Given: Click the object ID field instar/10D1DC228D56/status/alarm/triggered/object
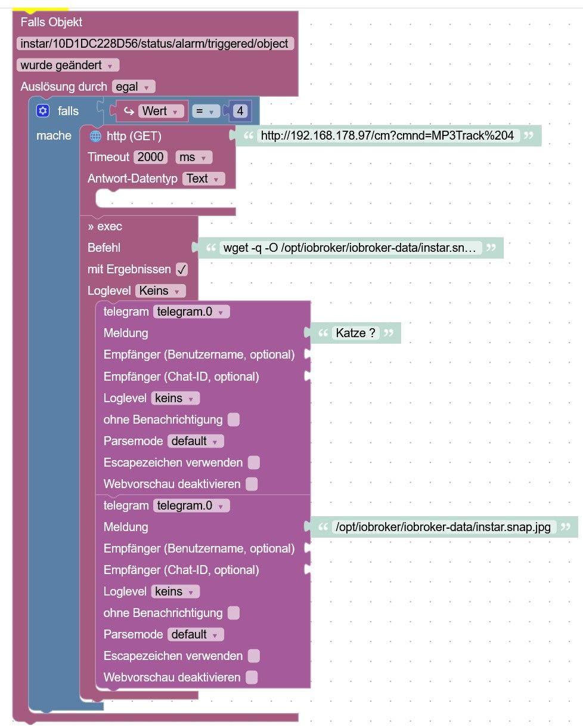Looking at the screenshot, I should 154,44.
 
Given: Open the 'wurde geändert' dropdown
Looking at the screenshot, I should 68,65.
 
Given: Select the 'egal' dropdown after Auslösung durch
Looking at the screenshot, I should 134,87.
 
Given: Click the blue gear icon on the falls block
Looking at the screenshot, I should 42,111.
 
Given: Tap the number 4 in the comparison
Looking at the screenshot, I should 240,111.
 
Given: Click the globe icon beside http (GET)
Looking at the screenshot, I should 95,136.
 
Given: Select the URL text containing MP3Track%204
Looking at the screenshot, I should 387,135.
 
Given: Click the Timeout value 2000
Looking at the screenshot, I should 150,157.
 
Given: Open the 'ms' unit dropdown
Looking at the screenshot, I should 194,157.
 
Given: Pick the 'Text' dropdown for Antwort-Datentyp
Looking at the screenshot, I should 203,178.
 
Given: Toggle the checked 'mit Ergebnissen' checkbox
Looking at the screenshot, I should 182,269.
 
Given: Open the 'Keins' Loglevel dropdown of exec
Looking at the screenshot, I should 160,291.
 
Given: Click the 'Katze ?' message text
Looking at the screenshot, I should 356,333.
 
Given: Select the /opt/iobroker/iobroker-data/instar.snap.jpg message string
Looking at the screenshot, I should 443,527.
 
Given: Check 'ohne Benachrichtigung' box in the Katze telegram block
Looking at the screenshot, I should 234,419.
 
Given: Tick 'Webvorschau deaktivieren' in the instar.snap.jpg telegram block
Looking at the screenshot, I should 252,677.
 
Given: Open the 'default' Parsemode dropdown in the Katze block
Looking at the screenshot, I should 196,441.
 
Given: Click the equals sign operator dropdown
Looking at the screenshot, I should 205,111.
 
